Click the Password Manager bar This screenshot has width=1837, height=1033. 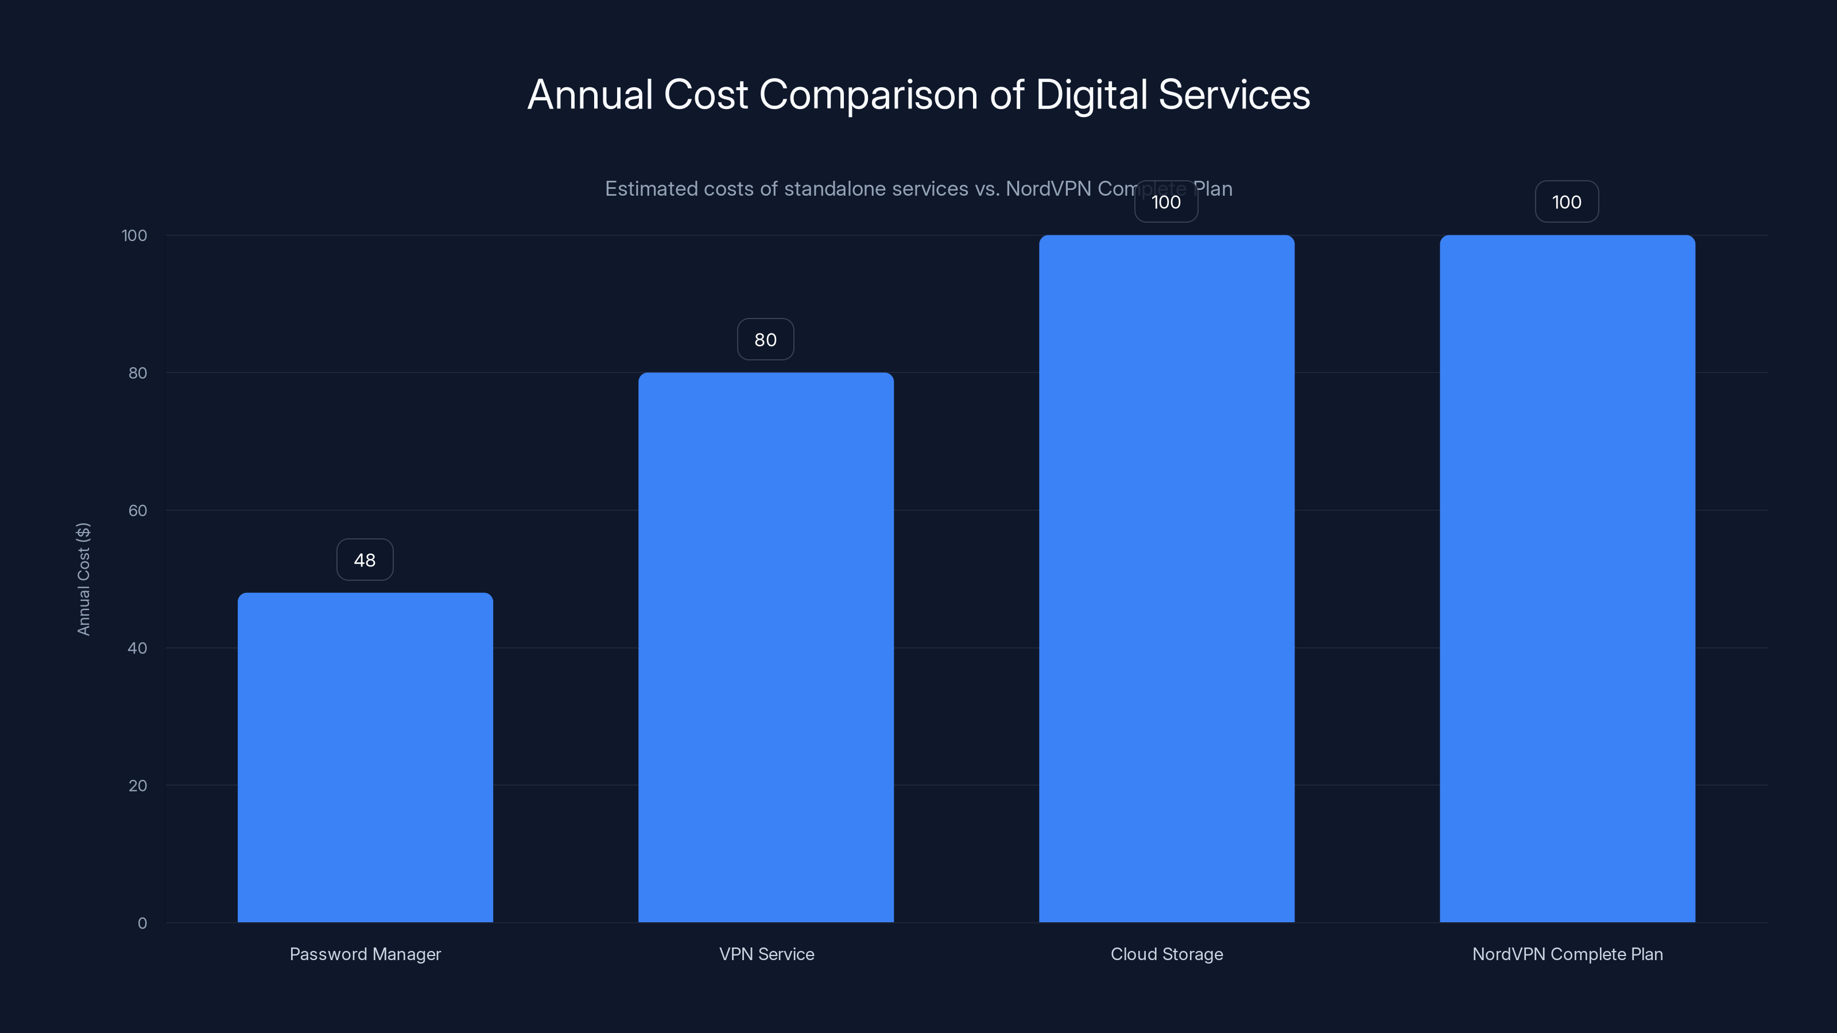pyautogui.click(x=365, y=757)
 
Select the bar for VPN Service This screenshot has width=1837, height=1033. pyautogui.click(x=766, y=647)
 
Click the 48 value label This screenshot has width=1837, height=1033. pyautogui.click(x=365, y=560)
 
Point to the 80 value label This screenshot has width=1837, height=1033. pyautogui.click(x=765, y=340)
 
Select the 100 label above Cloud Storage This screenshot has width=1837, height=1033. pyautogui.click(x=1166, y=203)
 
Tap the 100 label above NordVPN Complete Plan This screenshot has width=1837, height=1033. pyautogui.click(x=1567, y=203)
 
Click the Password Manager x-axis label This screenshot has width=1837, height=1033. pyautogui.click(x=365, y=954)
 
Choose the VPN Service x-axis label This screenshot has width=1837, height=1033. pyautogui.click(x=766, y=954)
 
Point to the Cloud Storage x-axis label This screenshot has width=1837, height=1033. pyautogui.click(x=1166, y=954)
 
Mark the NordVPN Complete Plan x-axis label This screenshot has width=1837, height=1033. pyautogui.click(x=1567, y=954)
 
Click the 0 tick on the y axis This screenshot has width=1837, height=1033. pyautogui.click(x=142, y=923)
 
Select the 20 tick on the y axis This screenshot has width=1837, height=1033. pyautogui.click(x=138, y=786)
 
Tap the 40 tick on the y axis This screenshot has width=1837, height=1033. pyautogui.click(x=138, y=648)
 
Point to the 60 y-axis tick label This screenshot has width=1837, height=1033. pyautogui.click(x=138, y=510)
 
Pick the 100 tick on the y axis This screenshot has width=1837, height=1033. pyautogui.click(x=134, y=235)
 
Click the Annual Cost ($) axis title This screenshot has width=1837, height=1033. pyautogui.click(x=83, y=579)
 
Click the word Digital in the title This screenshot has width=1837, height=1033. pyautogui.click(x=1091, y=95)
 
